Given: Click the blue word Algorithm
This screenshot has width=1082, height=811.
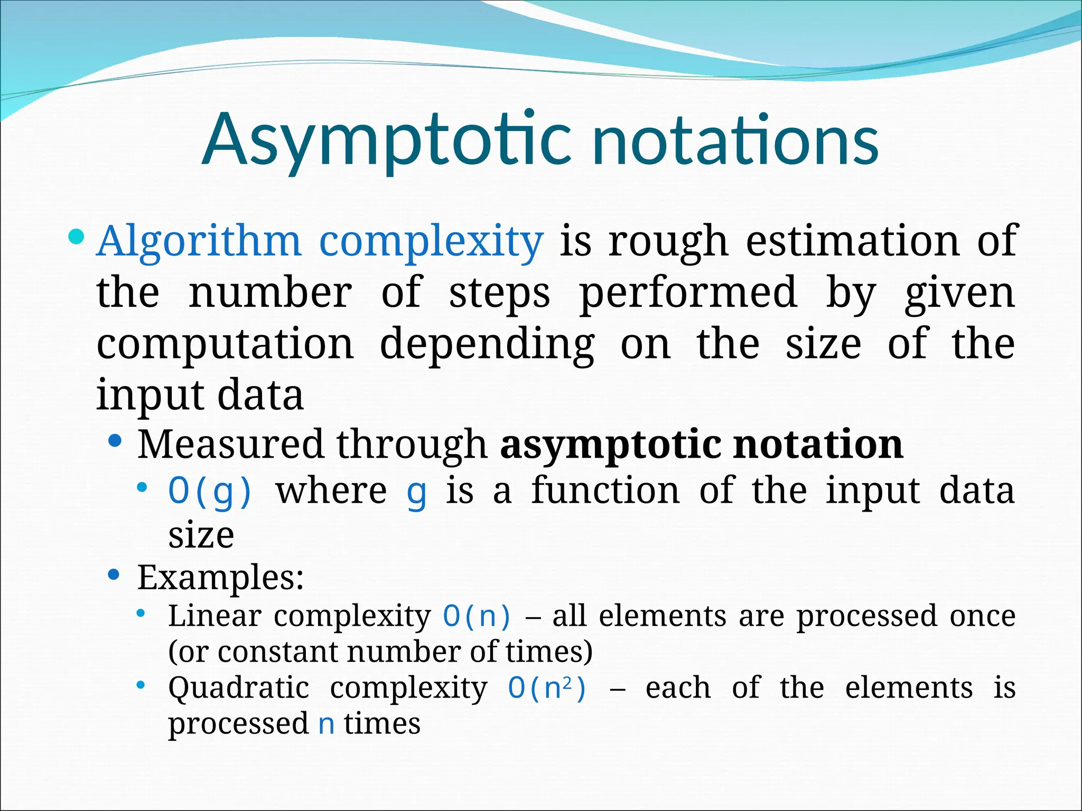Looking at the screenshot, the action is point(199,242).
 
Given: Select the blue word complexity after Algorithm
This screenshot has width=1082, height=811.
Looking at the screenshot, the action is point(431,242).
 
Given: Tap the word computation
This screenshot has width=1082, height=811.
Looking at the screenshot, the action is point(225,344).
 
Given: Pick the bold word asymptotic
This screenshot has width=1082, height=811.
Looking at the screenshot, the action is point(610,445).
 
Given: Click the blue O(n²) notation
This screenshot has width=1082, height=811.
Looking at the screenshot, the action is point(547,688).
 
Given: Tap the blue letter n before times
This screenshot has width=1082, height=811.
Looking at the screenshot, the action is point(327,724).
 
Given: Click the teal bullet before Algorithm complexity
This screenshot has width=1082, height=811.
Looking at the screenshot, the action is point(76,236).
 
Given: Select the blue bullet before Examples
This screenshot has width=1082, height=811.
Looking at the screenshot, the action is point(114,574).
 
